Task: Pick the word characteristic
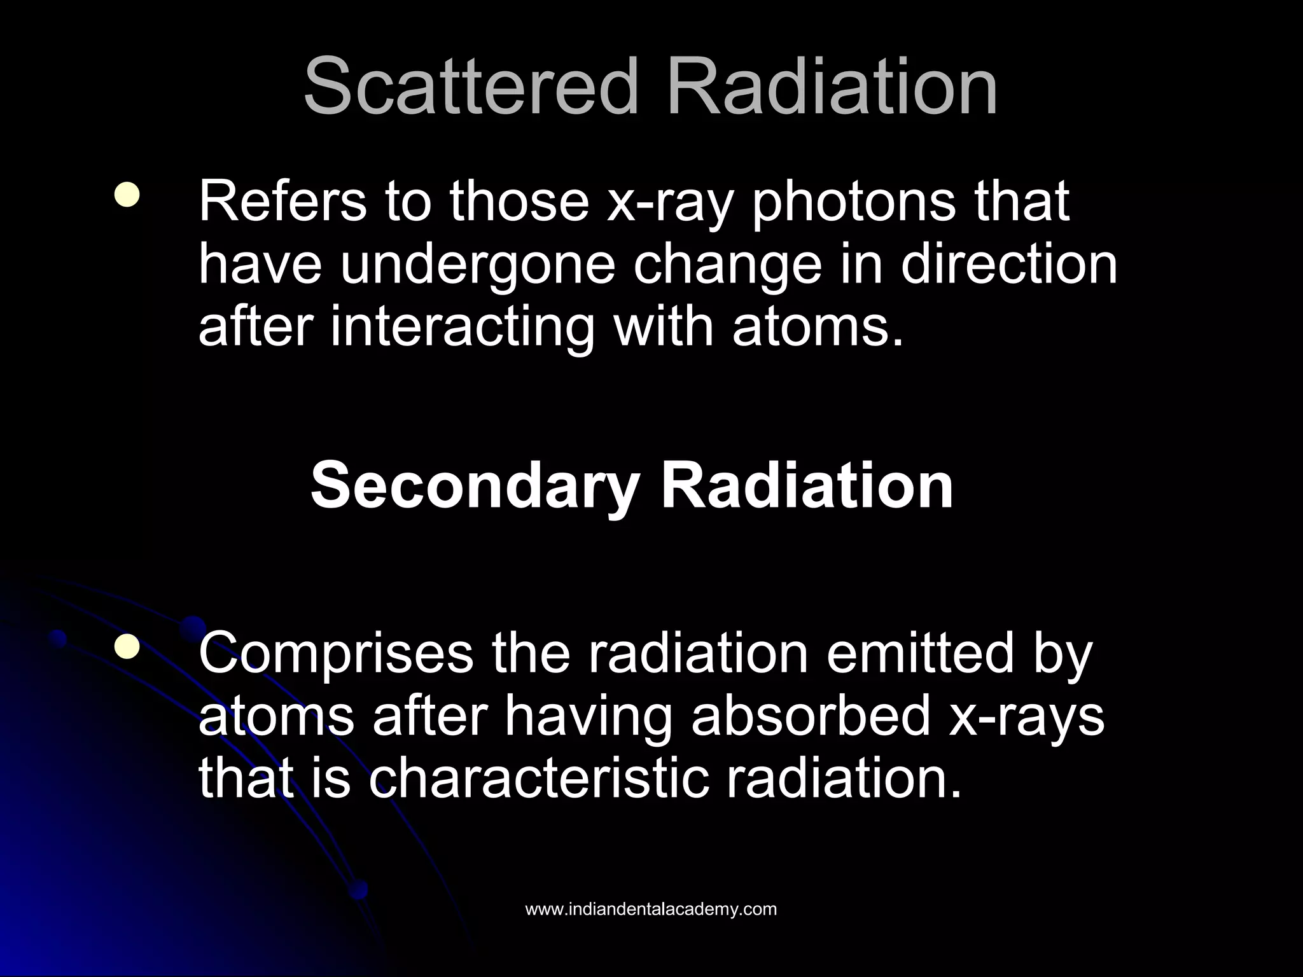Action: (x=538, y=779)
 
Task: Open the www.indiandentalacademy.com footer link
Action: (x=651, y=909)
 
